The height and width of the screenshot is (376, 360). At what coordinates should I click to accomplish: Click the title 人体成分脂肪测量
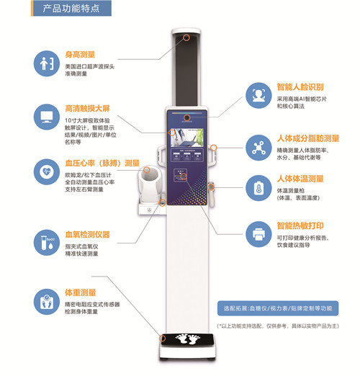point(308,138)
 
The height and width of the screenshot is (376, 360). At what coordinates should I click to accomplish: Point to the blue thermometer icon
point(256,187)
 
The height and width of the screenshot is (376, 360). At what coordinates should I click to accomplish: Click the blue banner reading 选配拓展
point(276,308)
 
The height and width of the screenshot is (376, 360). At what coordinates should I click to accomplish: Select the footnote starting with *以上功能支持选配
point(276,325)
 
